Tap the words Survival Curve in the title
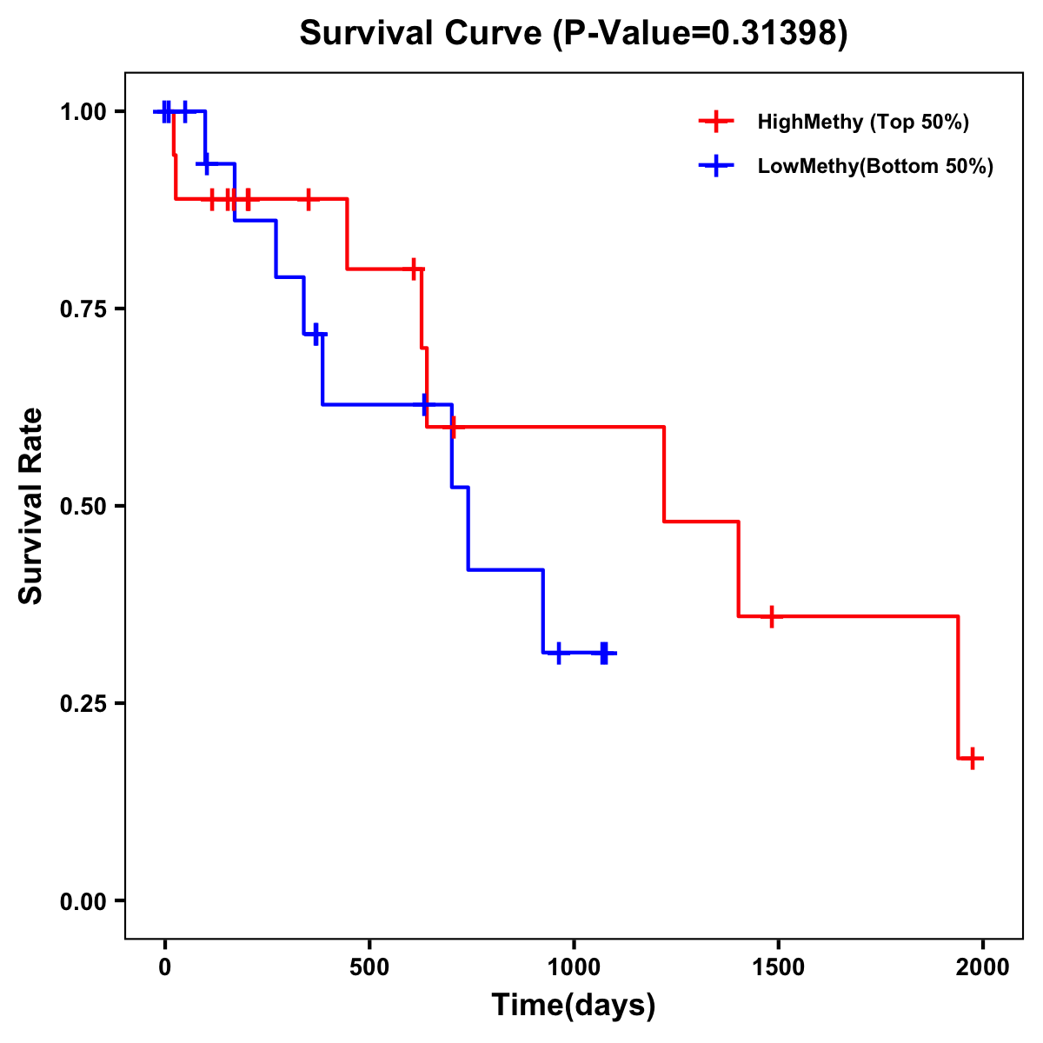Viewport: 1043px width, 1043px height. [422, 34]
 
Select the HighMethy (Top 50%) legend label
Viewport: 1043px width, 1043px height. [862, 122]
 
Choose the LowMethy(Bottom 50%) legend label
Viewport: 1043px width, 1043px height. [875, 166]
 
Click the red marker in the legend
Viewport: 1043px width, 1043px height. [716, 122]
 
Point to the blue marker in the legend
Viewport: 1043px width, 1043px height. [716, 166]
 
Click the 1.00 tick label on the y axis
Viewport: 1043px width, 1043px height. [83, 111]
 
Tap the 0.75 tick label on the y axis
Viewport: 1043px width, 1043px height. [83, 309]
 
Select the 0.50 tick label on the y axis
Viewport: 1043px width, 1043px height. [83, 506]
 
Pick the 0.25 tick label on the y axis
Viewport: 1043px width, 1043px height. [83, 703]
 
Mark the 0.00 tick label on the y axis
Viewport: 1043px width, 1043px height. [83, 900]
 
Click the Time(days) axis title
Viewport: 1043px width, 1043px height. [574, 1006]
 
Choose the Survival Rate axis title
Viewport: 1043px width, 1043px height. [31, 506]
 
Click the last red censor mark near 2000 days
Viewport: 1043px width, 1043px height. [973, 758]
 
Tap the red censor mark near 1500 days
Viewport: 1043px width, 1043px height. [771, 616]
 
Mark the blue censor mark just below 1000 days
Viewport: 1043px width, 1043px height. [558, 653]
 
